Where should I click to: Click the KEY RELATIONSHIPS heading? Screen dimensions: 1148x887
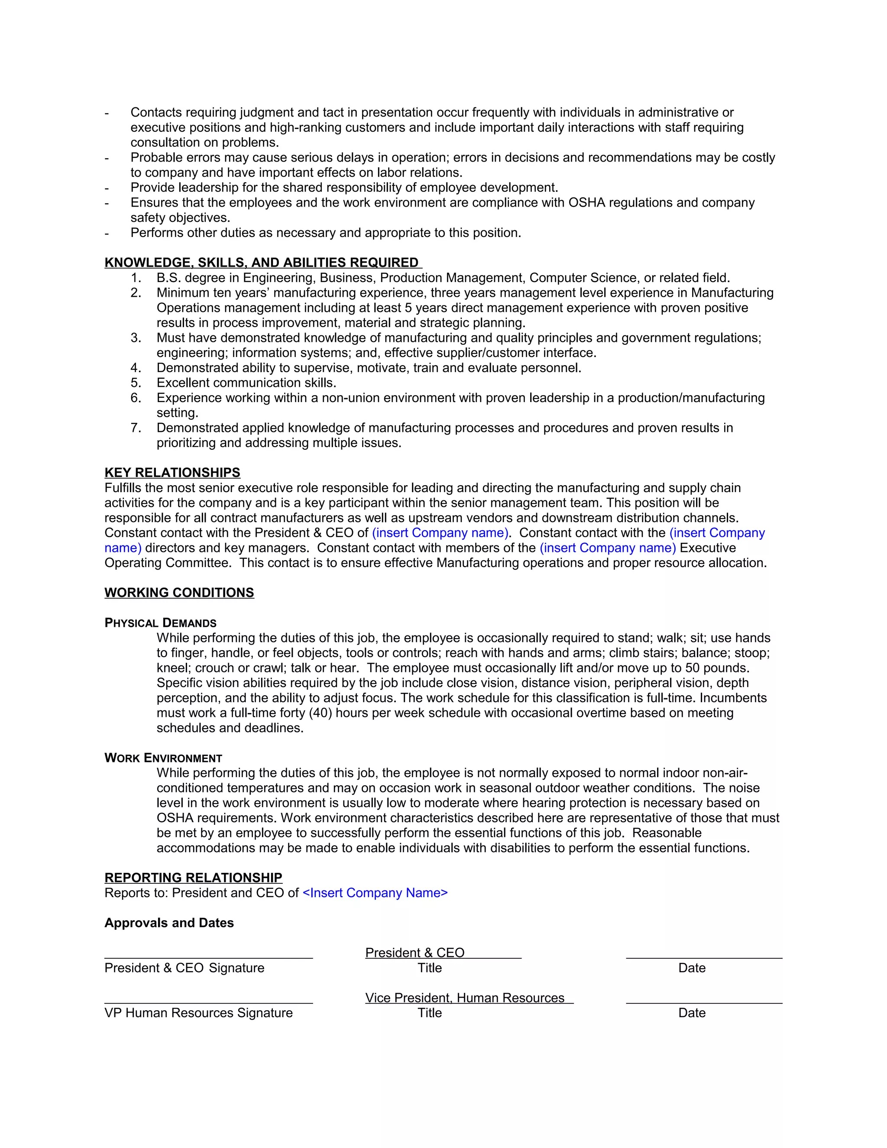[172, 473]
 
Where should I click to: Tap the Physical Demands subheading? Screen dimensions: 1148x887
[160, 623]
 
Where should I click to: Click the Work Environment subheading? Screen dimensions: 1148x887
[163, 758]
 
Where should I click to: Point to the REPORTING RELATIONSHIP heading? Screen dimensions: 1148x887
[193, 878]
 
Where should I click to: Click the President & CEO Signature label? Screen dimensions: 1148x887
[184, 968]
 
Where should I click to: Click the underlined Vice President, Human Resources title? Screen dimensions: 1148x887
[465, 998]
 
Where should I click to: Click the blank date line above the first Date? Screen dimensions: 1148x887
[704, 957]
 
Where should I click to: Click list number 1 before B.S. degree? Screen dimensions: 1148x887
[136, 278]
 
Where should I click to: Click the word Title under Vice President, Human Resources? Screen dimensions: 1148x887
[429, 1013]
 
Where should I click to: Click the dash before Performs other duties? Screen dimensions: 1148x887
[107, 233]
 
